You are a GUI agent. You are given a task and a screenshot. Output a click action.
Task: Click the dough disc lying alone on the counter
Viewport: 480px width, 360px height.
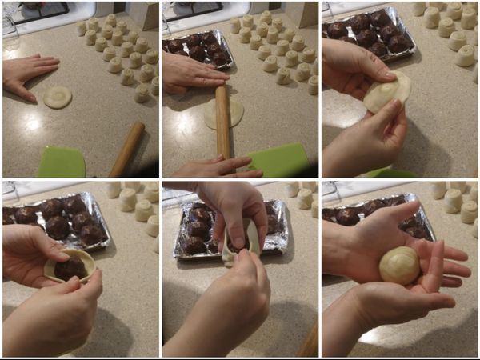tap(58, 97)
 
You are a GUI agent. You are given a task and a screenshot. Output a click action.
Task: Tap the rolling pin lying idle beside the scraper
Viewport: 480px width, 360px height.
tap(127, 149)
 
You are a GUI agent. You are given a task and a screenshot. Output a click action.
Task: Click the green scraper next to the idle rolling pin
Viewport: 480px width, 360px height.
tap(62, 162)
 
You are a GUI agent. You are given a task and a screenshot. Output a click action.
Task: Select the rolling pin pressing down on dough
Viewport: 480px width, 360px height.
tap(222, 120)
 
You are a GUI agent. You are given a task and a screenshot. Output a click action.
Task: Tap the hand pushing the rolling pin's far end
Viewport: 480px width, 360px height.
tap(192, 73)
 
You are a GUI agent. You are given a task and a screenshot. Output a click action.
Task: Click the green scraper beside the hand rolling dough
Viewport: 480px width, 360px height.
tap(278, 159)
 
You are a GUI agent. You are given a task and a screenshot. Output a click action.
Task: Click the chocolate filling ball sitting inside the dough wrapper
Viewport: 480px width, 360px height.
tap(70, 267)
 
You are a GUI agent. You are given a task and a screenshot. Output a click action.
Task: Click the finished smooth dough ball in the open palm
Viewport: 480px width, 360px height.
tap(399, 265)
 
